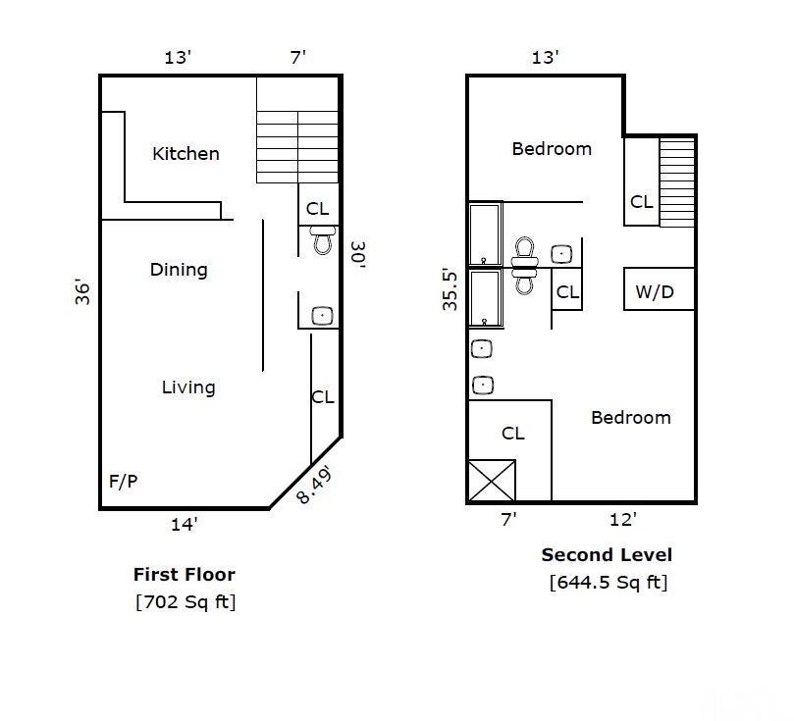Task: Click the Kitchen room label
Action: (x=185, y=153)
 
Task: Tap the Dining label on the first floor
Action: (x=179, y=269)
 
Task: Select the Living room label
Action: (x=188, y=387)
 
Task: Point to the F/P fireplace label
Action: (x=124, y=482)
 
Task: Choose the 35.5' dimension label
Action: (x=450, y=289)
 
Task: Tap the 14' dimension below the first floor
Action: (x=185, y=525)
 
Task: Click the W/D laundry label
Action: (x=655, y=291)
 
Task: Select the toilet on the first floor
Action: (x=323, y=240)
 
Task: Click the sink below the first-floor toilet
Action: (x=322, y=316)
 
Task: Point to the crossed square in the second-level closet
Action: (x=490, y=481)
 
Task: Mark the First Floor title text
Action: (x=185, y=575)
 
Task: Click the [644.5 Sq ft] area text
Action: (x=608, y=582)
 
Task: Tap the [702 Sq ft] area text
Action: (x=185, y=601)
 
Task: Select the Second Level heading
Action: (x=607, y=555)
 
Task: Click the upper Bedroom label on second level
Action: (x=552, y=149)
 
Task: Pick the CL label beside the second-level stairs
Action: (x=642, y=202)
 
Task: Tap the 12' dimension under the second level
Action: (x=622, y=519)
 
